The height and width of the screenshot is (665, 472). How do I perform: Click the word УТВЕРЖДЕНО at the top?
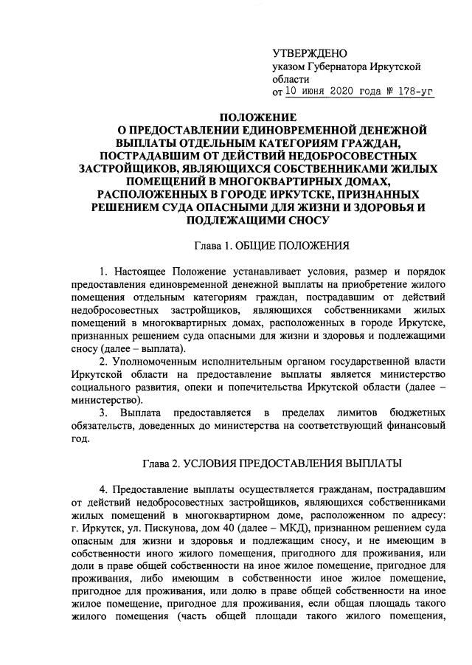point(309,54)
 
